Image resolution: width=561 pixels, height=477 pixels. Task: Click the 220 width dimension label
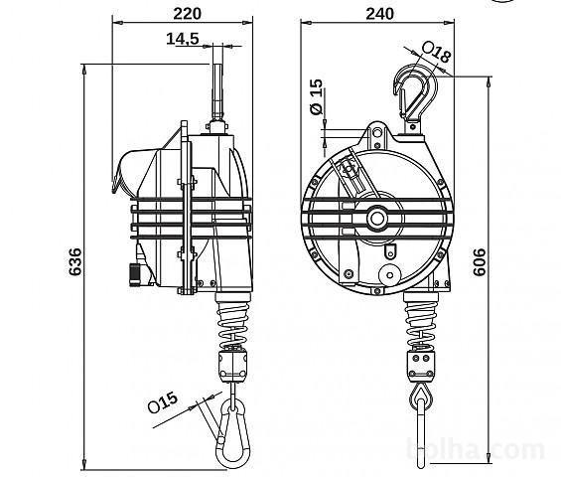(187, 14)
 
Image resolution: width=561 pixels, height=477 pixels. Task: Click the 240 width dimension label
(379, 14)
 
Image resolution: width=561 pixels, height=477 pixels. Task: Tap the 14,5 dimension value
(183, 39)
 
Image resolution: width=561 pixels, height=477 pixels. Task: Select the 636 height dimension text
(75, 261)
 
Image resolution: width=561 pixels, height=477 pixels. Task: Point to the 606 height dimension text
(480, 261)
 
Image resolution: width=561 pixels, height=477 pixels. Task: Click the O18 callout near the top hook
(436, 52)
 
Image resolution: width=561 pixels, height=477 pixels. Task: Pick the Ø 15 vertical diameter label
(317, 96)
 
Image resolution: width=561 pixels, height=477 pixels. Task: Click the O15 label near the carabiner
(163, 402)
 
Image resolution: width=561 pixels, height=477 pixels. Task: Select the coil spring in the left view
(233, 324)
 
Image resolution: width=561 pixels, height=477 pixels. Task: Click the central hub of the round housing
(377, 218)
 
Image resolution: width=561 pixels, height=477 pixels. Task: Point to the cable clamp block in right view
(421, 366)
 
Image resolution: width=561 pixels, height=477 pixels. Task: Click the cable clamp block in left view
(233, 366)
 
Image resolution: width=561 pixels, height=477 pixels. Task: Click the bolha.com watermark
(477, 449)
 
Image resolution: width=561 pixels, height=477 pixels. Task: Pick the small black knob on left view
(135, 274)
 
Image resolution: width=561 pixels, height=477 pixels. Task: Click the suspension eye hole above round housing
(377, 133)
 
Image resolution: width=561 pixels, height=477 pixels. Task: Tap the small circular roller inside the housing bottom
(390, 275)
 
